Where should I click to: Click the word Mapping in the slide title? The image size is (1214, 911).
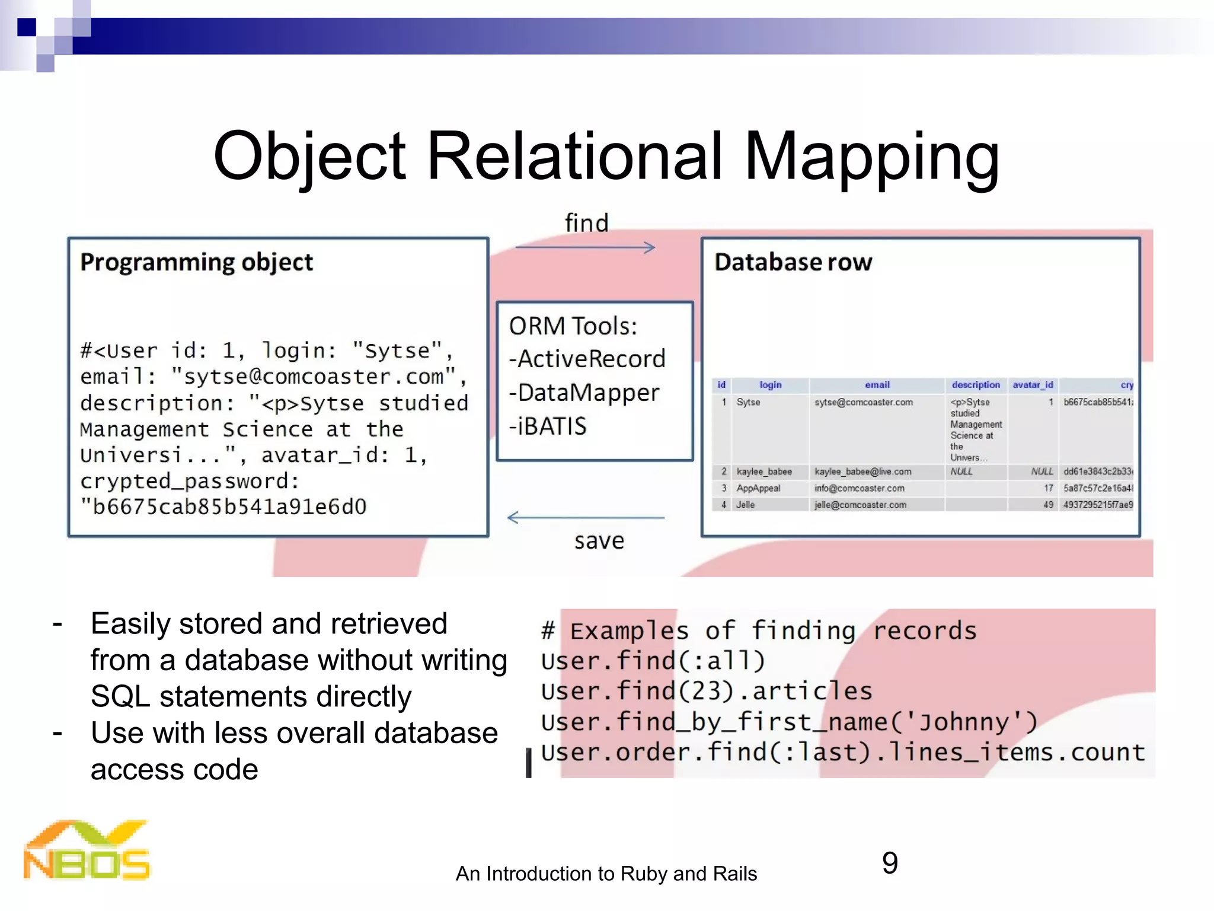pos(871,157)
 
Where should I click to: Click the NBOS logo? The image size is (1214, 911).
pos(87,851)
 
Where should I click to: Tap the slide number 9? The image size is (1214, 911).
pos(890,863)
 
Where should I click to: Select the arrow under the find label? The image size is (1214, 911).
pos(585,247)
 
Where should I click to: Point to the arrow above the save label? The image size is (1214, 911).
pos(585,517)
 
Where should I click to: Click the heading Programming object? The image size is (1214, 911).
pos(196,262)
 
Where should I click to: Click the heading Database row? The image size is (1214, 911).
pos(793,262)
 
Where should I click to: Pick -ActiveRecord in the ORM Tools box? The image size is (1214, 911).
pos(587,359)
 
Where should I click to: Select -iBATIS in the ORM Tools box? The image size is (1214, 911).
pos(548,426)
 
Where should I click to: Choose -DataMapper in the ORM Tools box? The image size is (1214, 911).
pos(584,393)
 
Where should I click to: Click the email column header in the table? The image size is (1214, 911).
pos(877,385)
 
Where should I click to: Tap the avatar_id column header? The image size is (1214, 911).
pos(1033,385)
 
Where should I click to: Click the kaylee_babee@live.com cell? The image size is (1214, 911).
pos(862,472)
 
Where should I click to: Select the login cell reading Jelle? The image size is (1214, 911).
pos(746,505)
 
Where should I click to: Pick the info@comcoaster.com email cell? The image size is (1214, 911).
pos(859,488)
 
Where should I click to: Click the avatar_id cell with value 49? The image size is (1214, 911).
pos(1048,505)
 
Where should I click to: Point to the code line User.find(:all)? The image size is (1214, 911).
pos(653,661)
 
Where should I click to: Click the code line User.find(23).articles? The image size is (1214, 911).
pos(706,691)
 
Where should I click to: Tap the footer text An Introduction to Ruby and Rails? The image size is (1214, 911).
pos(606,874)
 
